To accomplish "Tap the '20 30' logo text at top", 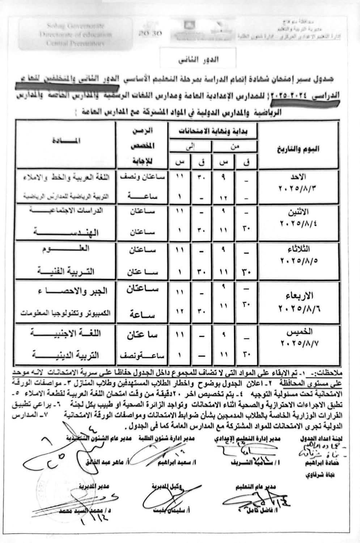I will (149, 33).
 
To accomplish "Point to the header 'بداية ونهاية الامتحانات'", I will (213, 132).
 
